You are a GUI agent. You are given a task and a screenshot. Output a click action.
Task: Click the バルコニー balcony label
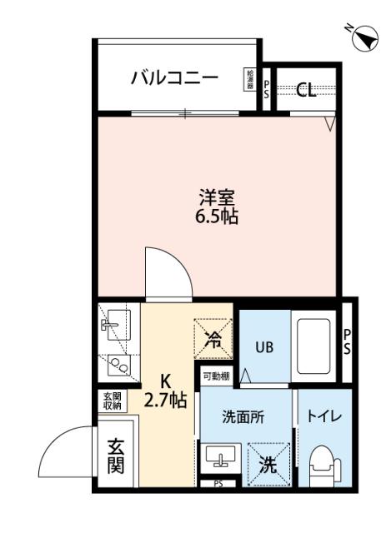174,78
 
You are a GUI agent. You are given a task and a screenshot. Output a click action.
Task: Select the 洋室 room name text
216,198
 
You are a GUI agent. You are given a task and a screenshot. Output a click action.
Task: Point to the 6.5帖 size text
216,217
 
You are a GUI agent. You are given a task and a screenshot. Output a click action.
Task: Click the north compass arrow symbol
363,37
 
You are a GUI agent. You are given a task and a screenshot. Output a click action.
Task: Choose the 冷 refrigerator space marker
214,338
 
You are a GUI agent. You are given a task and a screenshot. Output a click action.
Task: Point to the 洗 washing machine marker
267,464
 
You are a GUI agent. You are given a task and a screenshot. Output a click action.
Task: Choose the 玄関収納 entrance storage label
111,401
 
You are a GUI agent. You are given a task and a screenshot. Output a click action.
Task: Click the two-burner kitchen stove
117,365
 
